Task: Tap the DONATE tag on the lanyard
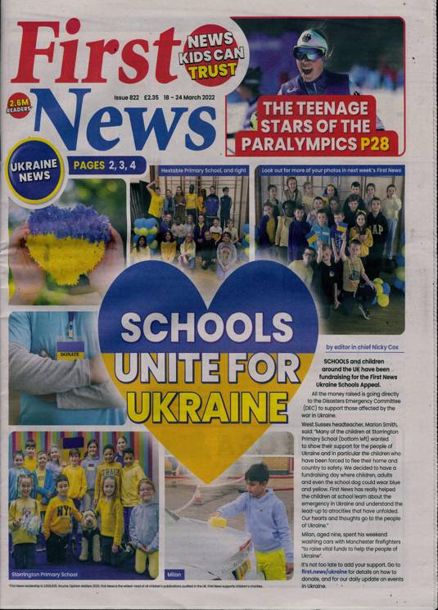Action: (70, 354)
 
